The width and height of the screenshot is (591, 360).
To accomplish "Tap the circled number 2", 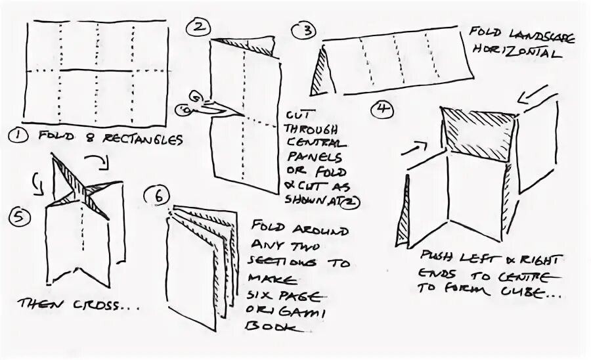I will [198, 28].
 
